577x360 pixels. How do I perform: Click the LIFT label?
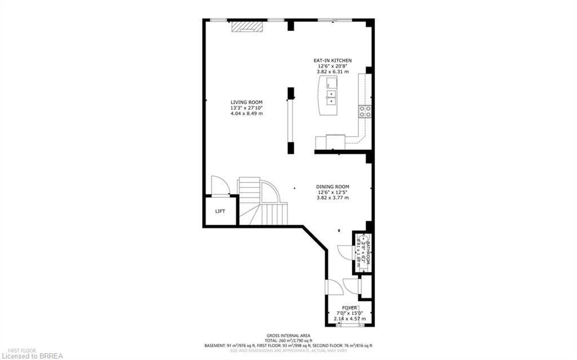point(220,211)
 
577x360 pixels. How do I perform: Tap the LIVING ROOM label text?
point(246,102)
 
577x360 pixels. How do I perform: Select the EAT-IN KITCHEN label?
point(332,60)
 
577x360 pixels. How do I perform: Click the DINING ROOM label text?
point(332,186)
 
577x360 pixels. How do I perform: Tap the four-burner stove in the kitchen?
point(365,111)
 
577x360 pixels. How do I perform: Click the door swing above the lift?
point(220,185)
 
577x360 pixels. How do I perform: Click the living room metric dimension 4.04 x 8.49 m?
point(246,113)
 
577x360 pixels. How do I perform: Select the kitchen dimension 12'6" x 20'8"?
point(332,66)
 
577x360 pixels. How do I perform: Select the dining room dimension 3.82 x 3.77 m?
point(332,198)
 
